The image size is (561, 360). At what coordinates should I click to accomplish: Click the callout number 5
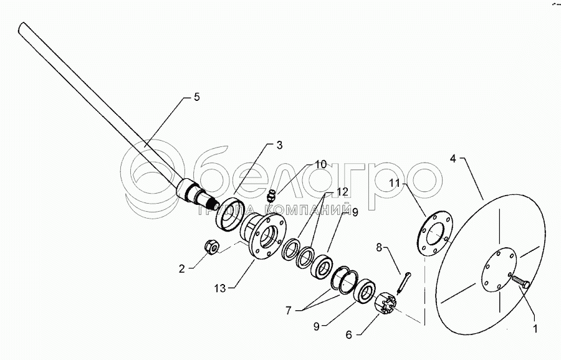pyautogui.click(x=197, y=97)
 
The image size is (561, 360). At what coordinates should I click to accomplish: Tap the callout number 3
pyautogui.click(x=279, y=145)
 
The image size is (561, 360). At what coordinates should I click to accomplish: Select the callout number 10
pyautogui.click(x=321, y=164)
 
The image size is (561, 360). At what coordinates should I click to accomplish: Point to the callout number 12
pyautogui.click(x=342, y=192)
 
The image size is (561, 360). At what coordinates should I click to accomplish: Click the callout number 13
pyautogui.click(x=220, y=288)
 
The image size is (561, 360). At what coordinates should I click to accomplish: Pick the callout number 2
pyautogui.click(x=182, y=269)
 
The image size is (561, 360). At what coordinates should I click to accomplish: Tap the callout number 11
pyautogui.click(x=395, y=183)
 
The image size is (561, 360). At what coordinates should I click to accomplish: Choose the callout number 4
pyautogui.click(x=453, y=159)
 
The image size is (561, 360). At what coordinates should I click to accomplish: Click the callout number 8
pyautogui.click(x=379, y=247)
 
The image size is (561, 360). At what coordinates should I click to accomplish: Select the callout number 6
pyautogui.click(x=349, y=334)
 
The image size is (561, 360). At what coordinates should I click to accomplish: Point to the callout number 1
pyautogui.click(x=535, y=328)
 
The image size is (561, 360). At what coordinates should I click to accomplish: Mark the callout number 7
pyautogui.click(x=289, y=311)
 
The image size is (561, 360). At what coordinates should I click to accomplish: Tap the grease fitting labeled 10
pyautogui.click(x=272, y=196)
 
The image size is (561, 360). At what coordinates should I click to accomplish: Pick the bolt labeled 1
pyautogui.click(x=520, y=283)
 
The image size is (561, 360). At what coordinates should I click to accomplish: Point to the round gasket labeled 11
pyautogui.click(x=435, y=234)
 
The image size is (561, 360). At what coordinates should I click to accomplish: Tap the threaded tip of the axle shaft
pyautogui.click(x=214, y=204)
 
